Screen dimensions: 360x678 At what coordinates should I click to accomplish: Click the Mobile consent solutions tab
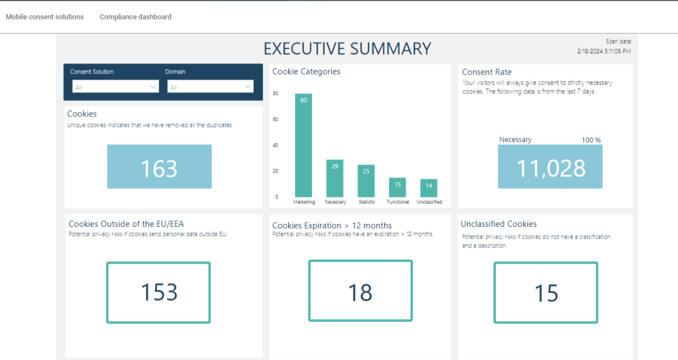coord(45,17)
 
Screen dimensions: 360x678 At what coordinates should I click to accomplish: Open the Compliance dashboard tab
coord(135,17)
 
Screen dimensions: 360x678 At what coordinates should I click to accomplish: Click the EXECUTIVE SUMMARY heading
coord(347,49)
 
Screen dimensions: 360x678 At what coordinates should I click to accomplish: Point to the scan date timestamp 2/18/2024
coord(604,51)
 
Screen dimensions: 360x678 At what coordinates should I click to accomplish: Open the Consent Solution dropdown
coord(115,87)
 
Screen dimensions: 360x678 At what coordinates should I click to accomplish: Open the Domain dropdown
coord(210,87)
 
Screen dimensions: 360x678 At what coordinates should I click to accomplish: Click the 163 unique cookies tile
coord(159,167)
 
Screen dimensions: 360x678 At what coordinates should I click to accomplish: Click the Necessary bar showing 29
coord(334,178)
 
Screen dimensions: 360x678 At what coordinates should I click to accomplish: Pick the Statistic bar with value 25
coord(366,181)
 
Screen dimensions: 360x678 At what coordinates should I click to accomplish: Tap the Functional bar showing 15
coord(397,188)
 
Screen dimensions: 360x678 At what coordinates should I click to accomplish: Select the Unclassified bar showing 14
coord(429,188)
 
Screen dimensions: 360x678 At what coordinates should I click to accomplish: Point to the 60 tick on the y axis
coord(275,119)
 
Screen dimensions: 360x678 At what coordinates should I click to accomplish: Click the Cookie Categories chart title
coord(306,72)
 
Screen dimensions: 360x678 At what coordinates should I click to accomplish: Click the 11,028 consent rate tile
coord(550,167)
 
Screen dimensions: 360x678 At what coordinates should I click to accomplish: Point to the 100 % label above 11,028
coord(591,140)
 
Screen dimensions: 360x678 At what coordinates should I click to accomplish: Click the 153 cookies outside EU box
coord(158,292)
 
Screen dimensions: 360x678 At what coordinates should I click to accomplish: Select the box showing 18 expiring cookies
coord(360,291)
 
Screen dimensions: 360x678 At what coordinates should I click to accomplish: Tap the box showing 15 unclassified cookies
coord(546,292)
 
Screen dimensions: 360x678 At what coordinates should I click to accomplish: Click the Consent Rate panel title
coord(487,72)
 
